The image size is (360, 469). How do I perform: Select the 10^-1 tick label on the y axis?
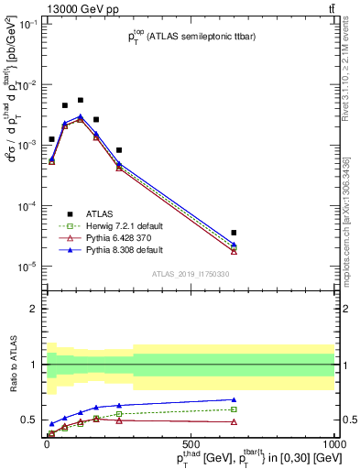pyautogui.click(x=27, y=25)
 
